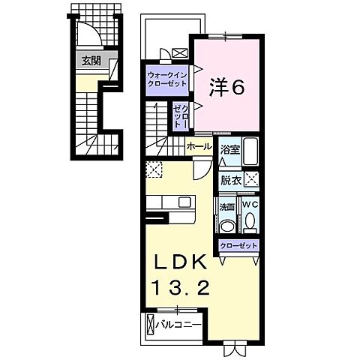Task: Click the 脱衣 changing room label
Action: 229,180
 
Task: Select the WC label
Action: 250,204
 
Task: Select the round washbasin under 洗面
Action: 228,224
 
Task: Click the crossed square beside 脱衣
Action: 252,179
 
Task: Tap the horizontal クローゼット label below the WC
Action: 239,245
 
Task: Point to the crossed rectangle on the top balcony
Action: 180,53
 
